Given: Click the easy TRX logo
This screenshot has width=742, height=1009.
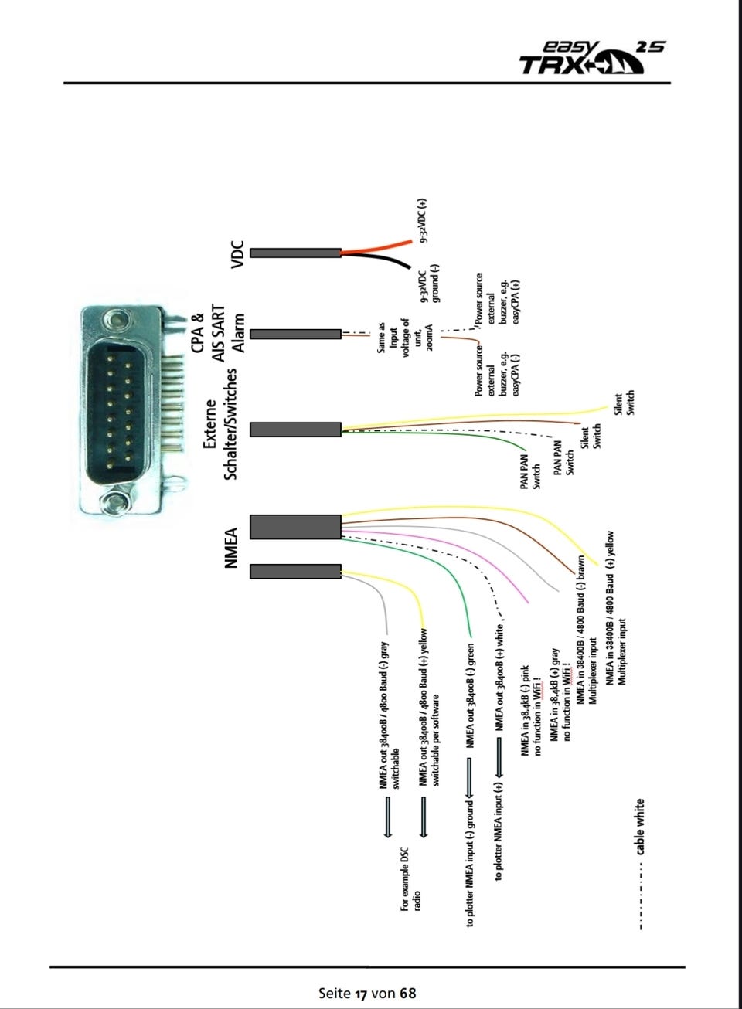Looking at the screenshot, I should click(591, 58).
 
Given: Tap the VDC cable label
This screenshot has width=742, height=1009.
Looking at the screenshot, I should click(237, 254).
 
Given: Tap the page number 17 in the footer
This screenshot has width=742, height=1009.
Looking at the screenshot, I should click(361, 993).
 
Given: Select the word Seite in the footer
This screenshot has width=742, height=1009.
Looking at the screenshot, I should click(335, 993).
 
